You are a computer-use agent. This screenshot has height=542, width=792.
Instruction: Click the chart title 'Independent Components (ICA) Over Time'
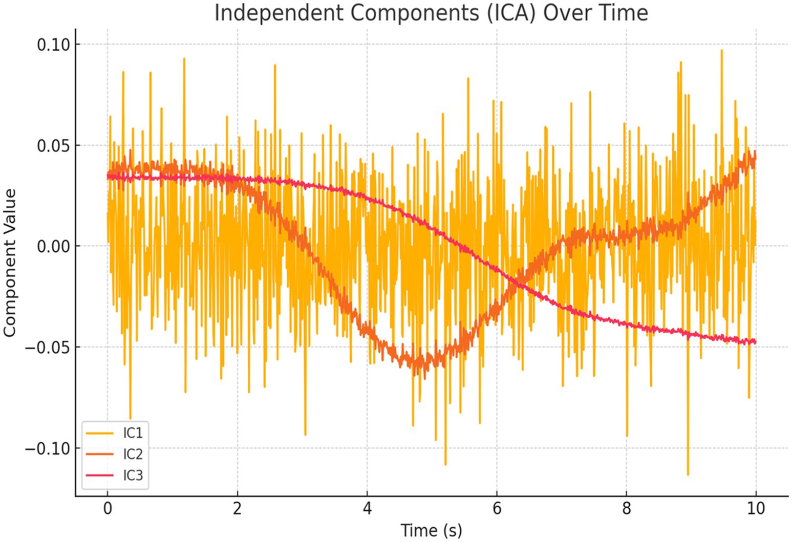431,13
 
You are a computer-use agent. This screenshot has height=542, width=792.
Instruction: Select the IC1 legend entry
133,433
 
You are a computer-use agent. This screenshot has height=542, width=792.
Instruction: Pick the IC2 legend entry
133,454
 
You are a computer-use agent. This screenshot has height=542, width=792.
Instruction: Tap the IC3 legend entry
133,475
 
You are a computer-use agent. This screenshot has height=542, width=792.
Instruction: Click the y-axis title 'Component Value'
10,263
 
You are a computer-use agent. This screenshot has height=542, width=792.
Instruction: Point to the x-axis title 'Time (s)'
431,530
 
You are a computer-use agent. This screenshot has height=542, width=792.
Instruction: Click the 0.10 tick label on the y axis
52,45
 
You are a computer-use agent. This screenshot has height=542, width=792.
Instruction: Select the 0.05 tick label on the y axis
52,145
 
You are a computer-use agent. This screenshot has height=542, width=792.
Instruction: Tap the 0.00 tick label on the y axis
52,246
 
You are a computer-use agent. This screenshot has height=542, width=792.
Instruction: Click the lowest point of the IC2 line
424,379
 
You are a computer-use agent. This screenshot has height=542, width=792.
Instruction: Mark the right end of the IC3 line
756,342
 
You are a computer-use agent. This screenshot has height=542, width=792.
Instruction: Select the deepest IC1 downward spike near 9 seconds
688,475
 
